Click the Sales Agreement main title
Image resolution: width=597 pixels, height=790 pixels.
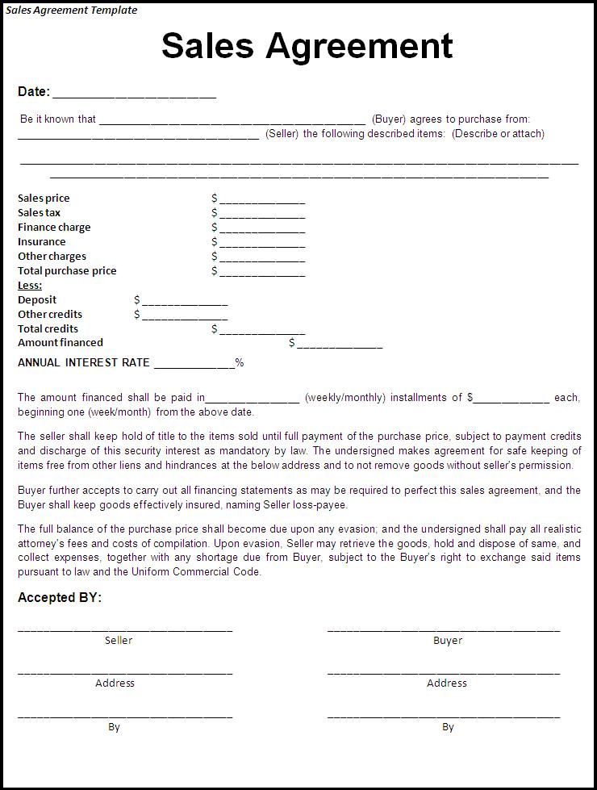click(307, 46)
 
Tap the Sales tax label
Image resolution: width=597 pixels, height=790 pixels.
click(39, 213)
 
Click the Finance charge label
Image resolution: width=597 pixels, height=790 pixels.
click(54, 228)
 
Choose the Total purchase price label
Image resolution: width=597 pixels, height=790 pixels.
click(67, 271)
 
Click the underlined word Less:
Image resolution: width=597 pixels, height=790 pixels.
click(30, 286)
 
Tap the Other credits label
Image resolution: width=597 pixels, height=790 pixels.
click(50, 315)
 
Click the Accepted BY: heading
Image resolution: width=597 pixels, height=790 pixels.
click(60, 598)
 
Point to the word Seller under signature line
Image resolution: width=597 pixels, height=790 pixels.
click(119, 641)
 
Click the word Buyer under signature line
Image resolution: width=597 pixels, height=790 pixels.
click(448, 641)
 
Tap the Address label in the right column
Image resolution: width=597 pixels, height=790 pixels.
click(447, 683)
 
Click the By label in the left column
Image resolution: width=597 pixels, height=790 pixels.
click(114, 727)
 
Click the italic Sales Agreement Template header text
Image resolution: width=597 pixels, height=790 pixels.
click(72, 10)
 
